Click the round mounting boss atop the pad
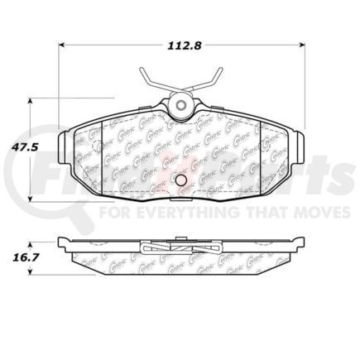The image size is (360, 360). (180, 105)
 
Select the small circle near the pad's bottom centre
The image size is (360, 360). (181, 180)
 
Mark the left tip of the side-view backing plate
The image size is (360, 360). (60, 243)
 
